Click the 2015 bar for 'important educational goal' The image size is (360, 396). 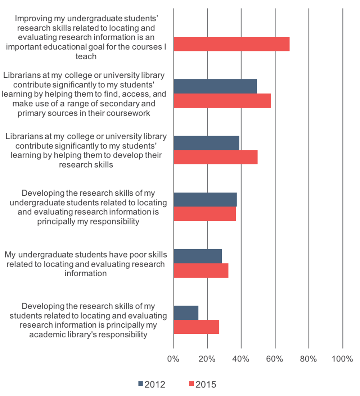pos(231,44)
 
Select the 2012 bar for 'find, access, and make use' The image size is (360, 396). pos(215,86)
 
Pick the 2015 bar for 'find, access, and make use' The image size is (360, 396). pos(222,101)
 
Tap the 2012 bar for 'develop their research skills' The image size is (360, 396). pos(206,143)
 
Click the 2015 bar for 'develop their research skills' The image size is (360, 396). pos(216,157)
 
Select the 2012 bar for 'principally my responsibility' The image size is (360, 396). pos(205,200)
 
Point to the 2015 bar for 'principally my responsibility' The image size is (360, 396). pos(205,214)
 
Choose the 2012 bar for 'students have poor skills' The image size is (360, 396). pos(198,256)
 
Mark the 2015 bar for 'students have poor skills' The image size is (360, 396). pos(201,270)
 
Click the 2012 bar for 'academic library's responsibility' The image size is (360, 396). pos(186,313)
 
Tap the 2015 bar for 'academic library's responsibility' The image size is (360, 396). pos(196,327)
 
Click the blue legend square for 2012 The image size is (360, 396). pos(140,384)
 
